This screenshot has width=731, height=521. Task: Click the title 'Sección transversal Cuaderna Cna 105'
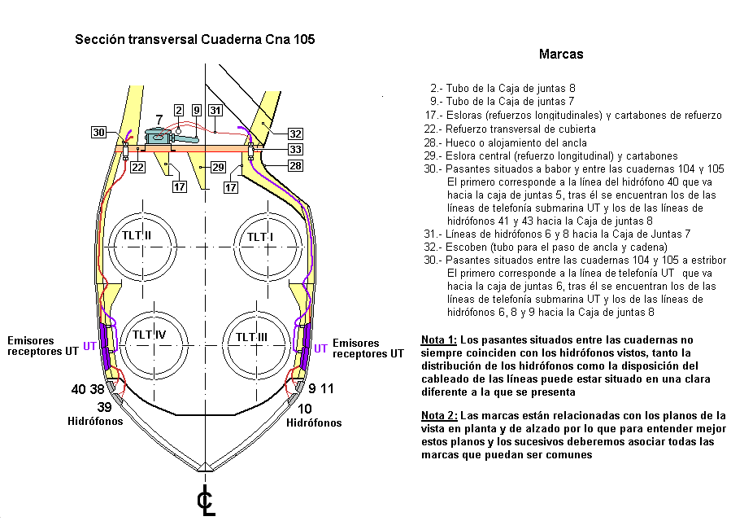(194, 39)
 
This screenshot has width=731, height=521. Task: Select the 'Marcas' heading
(561, 55)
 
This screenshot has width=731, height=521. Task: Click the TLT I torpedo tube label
(261, 236)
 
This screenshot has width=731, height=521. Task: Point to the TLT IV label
(150, 335)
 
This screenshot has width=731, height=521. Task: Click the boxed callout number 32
(295, 134)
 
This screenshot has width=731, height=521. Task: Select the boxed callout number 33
(295, 150)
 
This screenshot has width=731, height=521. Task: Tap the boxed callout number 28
(295, 166)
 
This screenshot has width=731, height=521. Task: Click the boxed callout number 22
(137, 167)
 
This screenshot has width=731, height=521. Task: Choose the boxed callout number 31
(215, 110)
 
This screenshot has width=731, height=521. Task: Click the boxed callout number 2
(179, 110)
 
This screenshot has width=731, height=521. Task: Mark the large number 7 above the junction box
(159, 120)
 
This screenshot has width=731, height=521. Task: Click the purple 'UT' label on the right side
(320, 348)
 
